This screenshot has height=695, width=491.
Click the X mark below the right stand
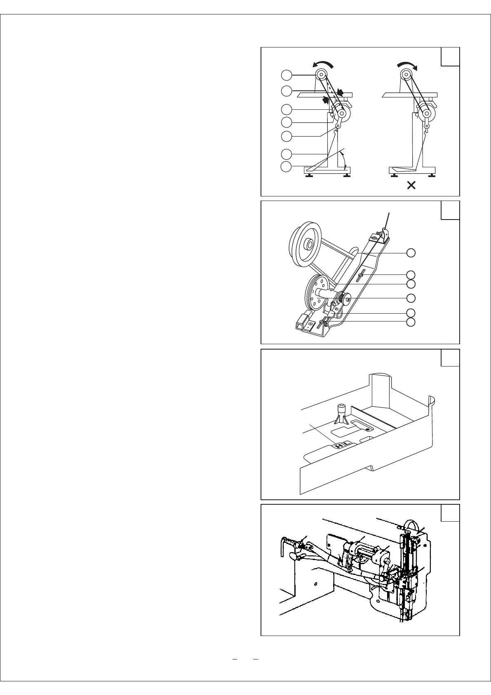[x=411, y=186]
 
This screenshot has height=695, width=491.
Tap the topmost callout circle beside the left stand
[x=287, y=75]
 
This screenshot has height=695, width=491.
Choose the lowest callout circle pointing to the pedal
[x=287, y=167]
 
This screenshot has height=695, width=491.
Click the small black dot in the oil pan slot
[x=369, y=429]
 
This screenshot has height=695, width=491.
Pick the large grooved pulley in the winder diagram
[x=305, y=245]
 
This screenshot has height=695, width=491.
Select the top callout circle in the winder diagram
[x=411, y=253]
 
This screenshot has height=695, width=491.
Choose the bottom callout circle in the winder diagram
[x=411, y=322]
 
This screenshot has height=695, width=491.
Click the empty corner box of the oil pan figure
[x=450, y=358]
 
